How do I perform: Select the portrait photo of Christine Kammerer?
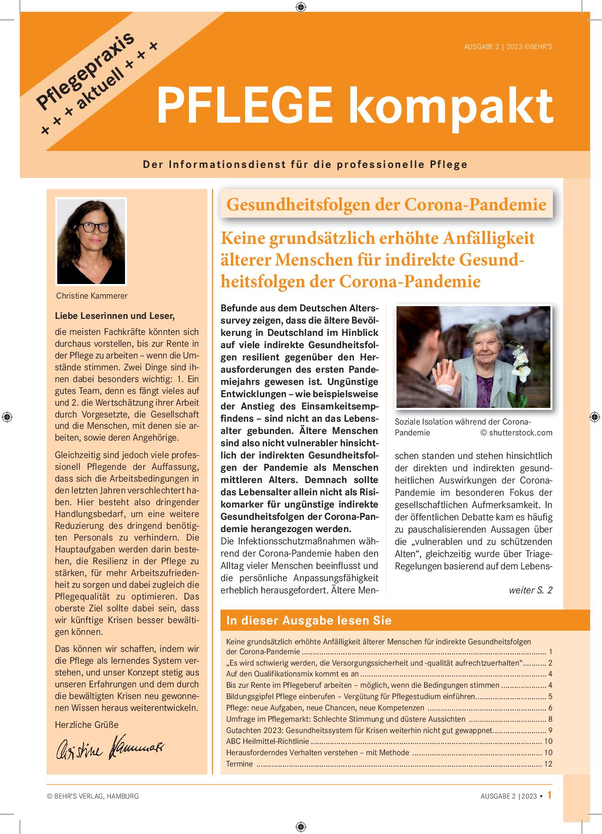(x=91, y=241)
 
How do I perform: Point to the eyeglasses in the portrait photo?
(x=93, y=227)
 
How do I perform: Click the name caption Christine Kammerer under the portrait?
(x=92, y=296)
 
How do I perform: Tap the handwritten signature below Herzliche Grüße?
(x=110, y=748)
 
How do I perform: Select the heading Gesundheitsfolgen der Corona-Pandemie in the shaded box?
(x=386, y=204)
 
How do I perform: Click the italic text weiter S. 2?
(x=530, y=590)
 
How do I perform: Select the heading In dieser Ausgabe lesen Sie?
(x=309, y=620)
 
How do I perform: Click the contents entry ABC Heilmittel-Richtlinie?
(x=268, y=741)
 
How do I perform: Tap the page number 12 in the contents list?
(x=548, y=764)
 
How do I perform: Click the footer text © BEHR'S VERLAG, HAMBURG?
(x=93, y=796)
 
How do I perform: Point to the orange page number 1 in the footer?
(x=549, y=795)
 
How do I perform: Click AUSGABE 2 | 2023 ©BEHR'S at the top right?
(x=508, y=47)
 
